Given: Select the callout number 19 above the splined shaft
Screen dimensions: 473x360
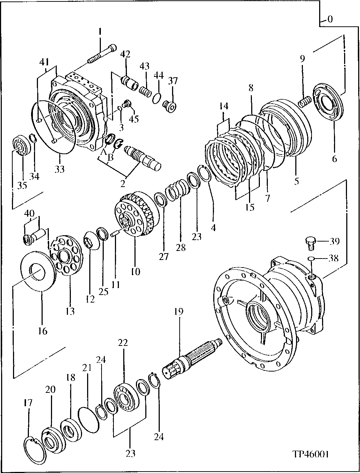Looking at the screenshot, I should pyautogui.click(x=179, y=311).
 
